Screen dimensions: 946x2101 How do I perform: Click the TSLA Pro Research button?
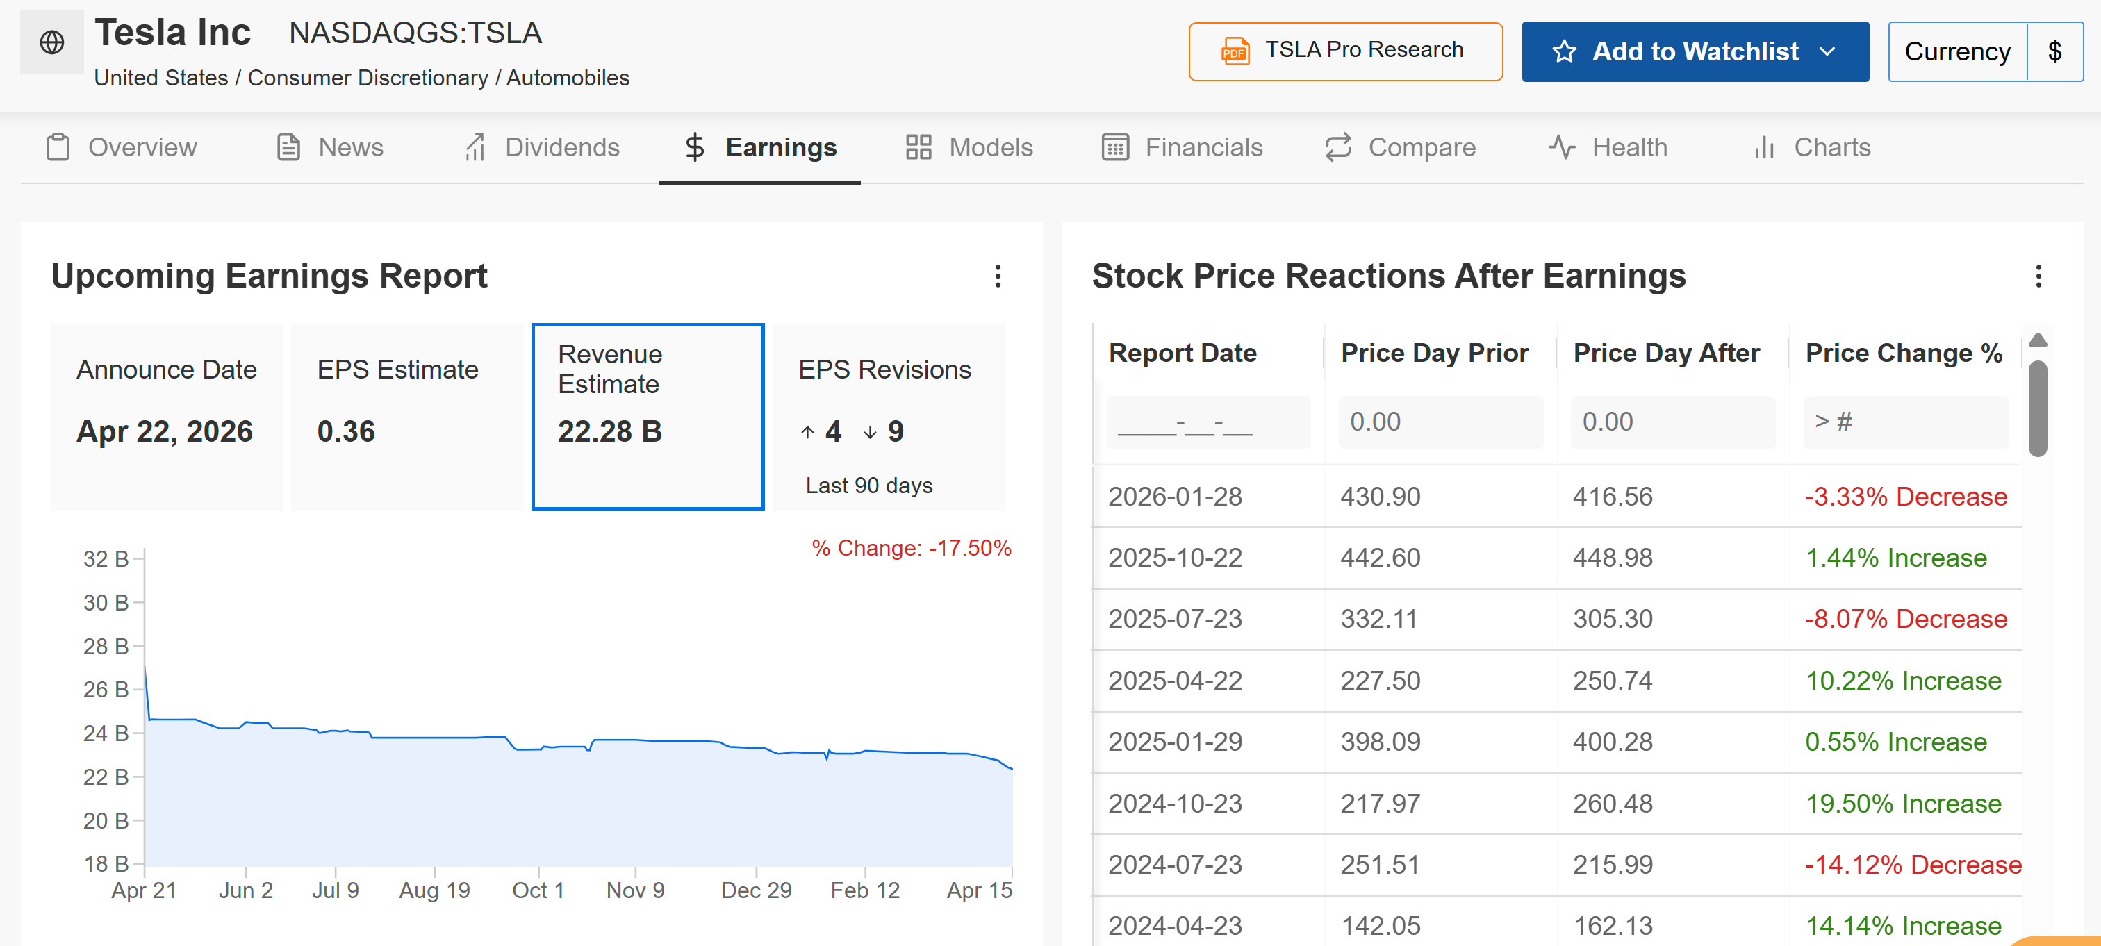click(1345, 51)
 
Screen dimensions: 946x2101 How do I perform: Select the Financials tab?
click(1182, 148)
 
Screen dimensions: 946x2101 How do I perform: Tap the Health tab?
click(1608, 148)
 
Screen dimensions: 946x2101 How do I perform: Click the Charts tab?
click(1811, 148)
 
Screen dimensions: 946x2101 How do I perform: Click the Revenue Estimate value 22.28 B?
click(609, 431)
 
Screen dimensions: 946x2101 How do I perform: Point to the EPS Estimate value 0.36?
click(346, 431)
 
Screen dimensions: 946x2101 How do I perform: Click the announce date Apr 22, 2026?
click(165, 431)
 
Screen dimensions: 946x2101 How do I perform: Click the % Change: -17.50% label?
click(911, 548)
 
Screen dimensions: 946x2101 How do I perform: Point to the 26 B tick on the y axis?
click(106, 690)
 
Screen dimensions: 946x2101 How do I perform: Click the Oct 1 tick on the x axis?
click(538, 890)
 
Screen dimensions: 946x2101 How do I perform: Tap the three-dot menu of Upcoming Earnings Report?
click(998, 276)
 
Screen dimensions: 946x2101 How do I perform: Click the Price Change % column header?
click(1903, 353)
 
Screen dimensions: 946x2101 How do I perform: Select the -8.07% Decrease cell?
click(1905, 619)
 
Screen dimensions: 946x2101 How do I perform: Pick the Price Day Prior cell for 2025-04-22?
click(1380, 681)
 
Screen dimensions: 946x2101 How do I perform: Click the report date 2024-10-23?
click(1174, 804)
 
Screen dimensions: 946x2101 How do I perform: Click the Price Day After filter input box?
click(1672, 422)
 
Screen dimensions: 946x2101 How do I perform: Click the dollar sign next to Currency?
click(2054, 51)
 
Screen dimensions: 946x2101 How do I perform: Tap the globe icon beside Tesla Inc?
click(52, 42)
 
